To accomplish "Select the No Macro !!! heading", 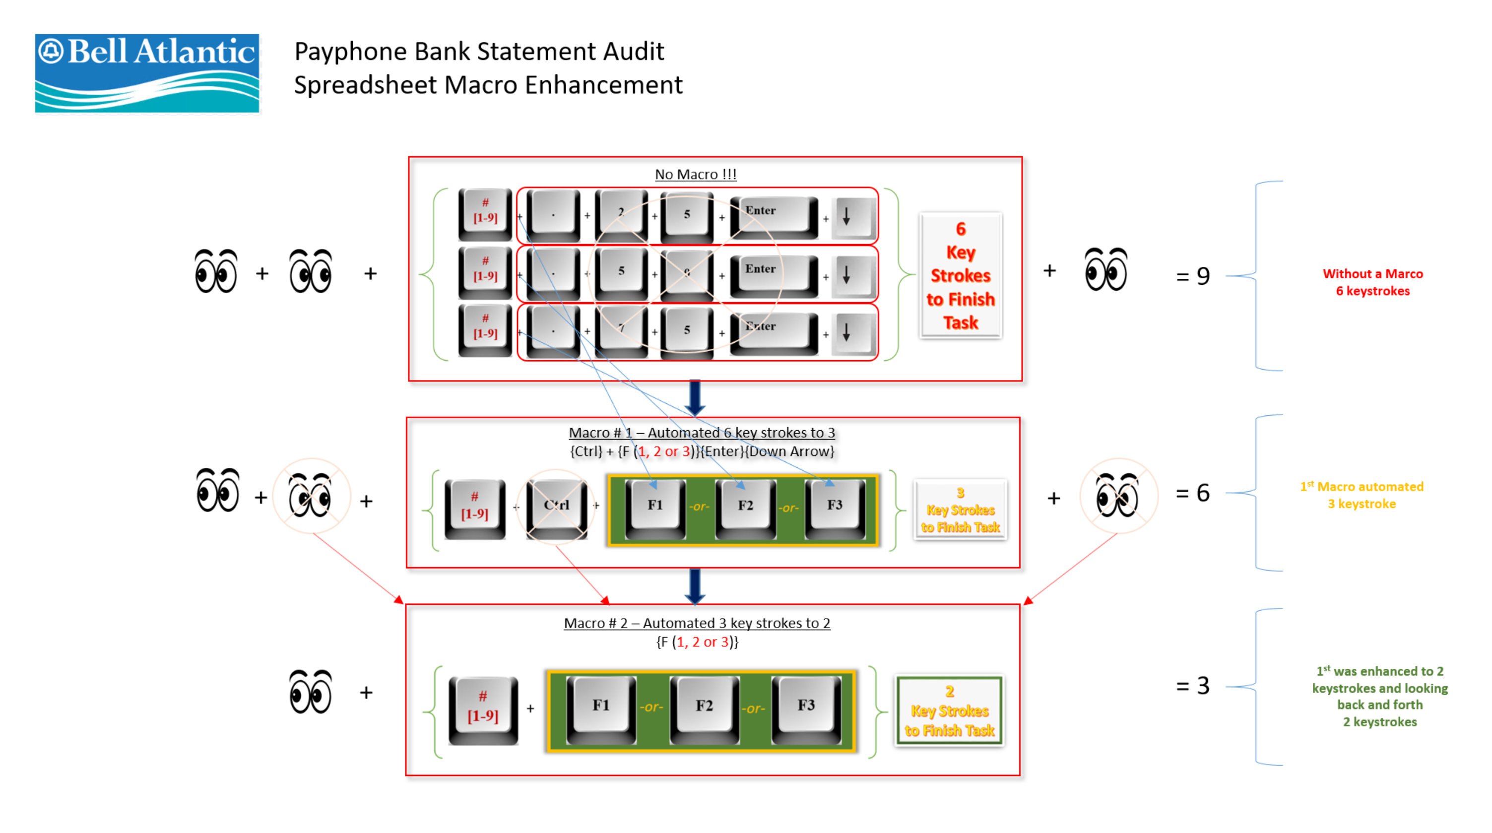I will coord(695,174).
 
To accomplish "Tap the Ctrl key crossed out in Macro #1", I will coord(556,505).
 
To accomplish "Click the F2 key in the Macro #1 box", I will coord(745,505).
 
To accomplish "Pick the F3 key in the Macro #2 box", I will coord(806,705).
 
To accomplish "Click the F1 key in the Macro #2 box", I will coord(601,705).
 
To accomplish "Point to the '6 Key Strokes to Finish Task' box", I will coord(960,276).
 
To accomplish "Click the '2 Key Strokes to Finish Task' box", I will coord(949,711).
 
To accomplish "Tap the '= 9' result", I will coord(1193,276).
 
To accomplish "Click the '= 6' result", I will coord(1193,493).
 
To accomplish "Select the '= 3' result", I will coord(1193,686).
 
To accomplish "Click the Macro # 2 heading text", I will coord(697,623).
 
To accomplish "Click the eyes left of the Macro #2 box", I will coord(311,692).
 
